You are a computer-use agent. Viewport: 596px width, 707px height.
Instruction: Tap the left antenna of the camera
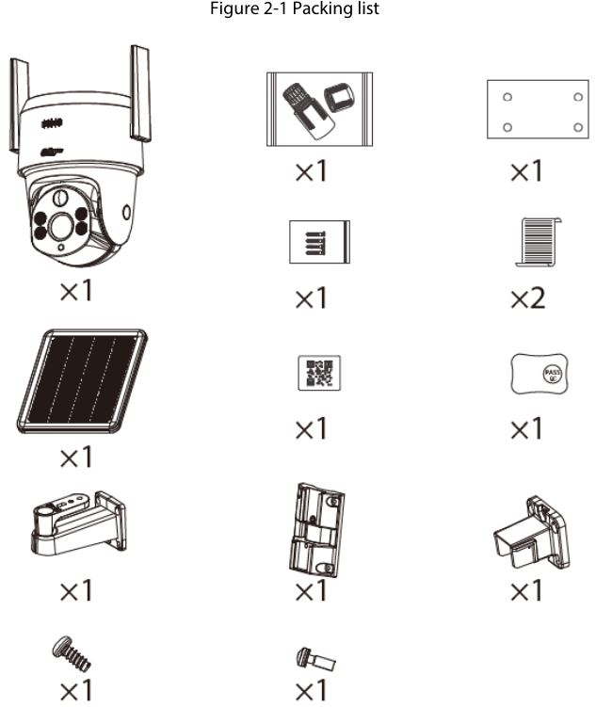(16, 104)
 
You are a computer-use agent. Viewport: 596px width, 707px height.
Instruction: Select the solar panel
(82, 380)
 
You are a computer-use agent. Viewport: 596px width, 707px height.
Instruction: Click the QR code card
(318, 374)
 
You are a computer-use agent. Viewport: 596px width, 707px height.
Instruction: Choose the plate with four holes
(532, 109)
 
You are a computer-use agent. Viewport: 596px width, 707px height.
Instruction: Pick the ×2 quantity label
(527, 298)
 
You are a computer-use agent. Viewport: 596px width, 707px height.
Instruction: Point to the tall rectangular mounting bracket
(316, 528)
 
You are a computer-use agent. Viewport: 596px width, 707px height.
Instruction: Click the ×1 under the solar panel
(76, 458)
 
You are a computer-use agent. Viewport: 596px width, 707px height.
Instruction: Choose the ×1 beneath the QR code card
(312, 429)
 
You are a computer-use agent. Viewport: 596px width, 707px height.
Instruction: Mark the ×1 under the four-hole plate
(527, 171)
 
